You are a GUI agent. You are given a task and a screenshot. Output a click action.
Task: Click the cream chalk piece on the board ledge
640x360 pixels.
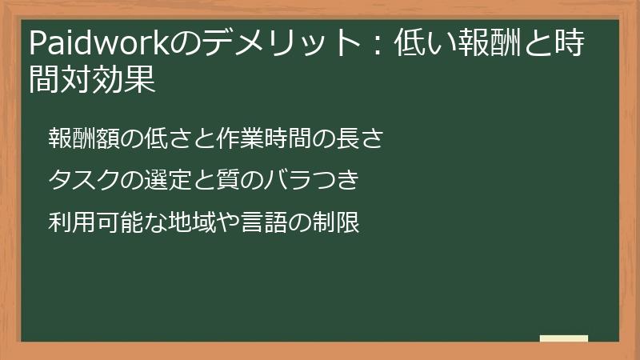pos(564,338)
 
